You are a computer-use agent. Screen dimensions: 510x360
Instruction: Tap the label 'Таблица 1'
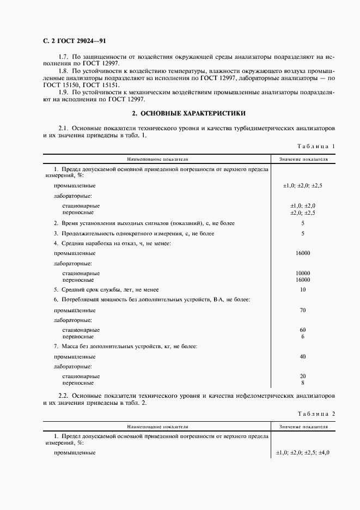point(316,146)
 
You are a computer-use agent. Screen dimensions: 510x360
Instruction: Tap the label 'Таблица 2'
point(316,414)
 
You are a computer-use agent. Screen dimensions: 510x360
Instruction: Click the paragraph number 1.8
point(63,71)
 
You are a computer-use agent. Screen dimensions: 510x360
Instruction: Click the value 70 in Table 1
point(303,310)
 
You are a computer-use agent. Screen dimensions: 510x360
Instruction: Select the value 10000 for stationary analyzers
point(303,273)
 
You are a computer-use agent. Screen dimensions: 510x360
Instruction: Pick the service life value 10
point(303,289)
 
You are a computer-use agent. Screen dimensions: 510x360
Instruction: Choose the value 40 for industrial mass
point(303,356)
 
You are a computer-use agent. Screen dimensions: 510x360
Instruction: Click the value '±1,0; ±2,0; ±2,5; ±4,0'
point(303,453)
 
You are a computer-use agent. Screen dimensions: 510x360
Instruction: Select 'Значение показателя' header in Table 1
point(303,160)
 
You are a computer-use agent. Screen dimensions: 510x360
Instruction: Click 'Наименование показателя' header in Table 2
point(157,427)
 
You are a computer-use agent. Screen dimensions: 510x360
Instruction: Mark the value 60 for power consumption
point(303,330)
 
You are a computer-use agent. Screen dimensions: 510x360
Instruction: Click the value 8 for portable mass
point(303,382)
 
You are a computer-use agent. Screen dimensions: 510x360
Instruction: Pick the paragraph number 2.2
point(63,394)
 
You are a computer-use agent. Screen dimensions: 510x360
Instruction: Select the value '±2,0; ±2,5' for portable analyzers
point(303,212)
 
